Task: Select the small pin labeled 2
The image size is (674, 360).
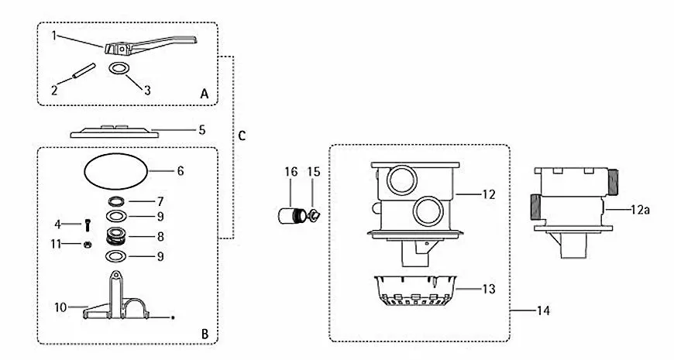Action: pos(84,70)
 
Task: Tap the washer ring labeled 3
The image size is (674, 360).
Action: pos(119,68)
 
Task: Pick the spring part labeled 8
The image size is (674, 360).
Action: pos(116,236)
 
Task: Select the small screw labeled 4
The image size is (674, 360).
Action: pos(88,225)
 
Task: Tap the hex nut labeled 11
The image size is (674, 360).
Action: pos(88,245)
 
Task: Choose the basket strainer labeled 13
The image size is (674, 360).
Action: pos(414,290)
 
